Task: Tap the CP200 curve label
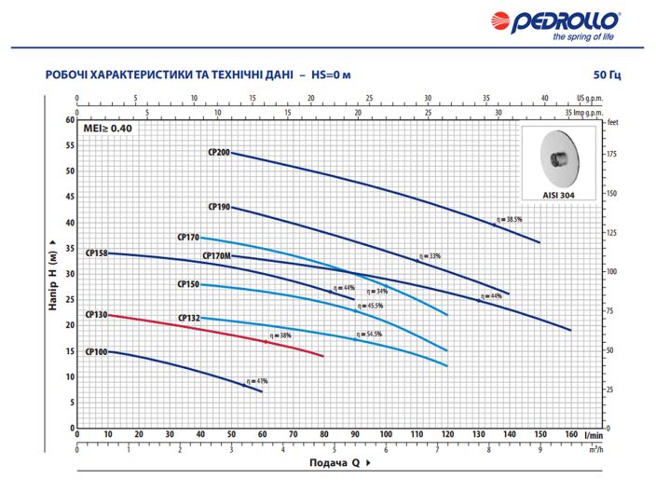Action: click(x=219, y=152)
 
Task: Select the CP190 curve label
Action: click(x=219, y=208)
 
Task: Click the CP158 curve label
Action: click(x=96, y=253)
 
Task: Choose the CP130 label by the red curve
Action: click(x=96, y=315)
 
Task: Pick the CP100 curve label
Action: click(x=96, y=352)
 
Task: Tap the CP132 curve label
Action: click(x=189, y=319)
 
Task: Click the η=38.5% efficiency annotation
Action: click(x=510, y=219)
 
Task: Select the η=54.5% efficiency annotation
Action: click(x=370, y=334)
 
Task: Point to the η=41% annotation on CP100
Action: click(x=256, y=381)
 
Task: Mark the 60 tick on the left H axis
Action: click(x=69, y=120)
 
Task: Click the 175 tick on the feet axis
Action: click(x=612, y=153)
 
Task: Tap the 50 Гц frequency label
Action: click(x=607, y=75)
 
